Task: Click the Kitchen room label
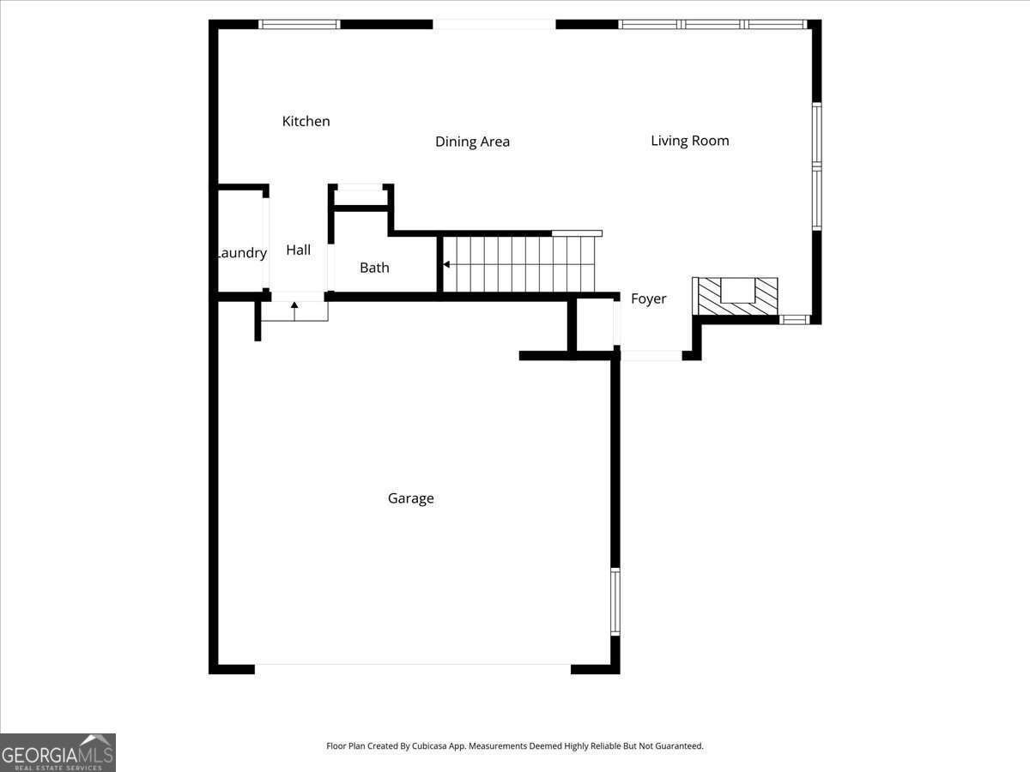(x=306, y=122)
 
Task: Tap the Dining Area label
(x=472, y=142)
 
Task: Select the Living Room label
(x=689, y=141)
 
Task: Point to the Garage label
(x=410, y=498)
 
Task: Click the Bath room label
(x=374, y=268)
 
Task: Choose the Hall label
(x=299, y=250)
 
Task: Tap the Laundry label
(x=241, y=253)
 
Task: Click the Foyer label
(x=648, y=299)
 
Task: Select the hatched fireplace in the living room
(x=736, y=296)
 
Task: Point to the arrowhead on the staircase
(x=446, y=265)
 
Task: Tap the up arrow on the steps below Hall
(x=294, y=305)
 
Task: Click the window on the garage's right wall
(x=615, y=601)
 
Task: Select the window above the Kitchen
(x=300, y=24)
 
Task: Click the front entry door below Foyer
(x=651, y=355)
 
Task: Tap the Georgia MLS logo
(x=58, y=752)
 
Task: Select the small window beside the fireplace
(x=794, y=320)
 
